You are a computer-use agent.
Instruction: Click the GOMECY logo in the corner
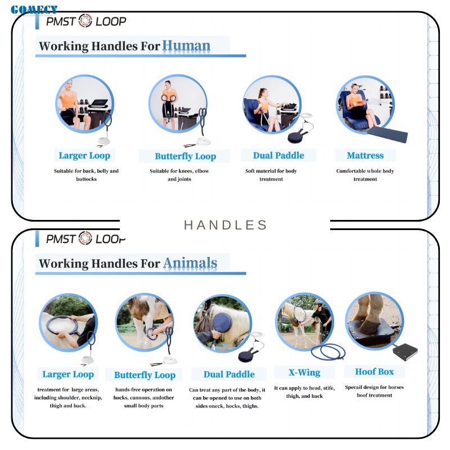coord(34,10)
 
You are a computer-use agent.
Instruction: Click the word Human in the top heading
coord(186,46)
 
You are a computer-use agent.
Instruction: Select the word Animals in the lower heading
coord(190,263)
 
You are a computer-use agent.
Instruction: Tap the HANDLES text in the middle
coord(226,225)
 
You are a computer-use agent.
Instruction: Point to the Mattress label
coord(365,155)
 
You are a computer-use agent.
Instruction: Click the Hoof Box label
coord(374,371)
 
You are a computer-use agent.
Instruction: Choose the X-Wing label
coord(304,372)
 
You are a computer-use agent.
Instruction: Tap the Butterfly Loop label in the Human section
coord(186,156)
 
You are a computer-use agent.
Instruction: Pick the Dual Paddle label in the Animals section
coord(229,374)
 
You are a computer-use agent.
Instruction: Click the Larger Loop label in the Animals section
coord(68,374)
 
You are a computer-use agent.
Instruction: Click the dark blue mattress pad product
coord(388,135)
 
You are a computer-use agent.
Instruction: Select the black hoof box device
coord(405,352)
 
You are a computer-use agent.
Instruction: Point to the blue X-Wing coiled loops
coord(328,352)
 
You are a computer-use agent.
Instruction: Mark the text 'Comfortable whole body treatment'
coord(365,175)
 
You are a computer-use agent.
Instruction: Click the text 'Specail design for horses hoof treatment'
coord(374,391)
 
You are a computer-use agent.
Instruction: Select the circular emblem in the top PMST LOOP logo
coord(85,21)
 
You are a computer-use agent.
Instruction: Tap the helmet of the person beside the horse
coord(319,303)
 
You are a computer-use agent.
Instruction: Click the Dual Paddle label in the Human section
coord(278,155)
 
